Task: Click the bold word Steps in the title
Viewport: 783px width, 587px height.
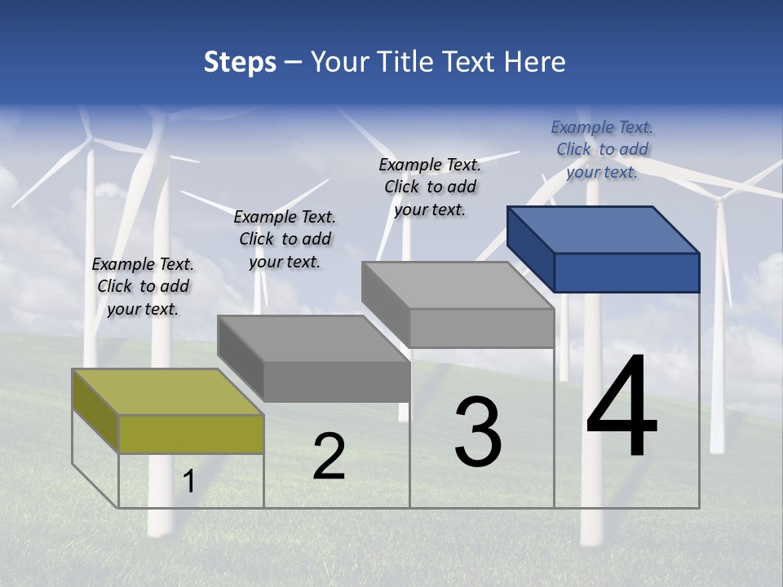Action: [x=240, y=62]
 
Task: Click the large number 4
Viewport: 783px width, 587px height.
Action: [x=622, y=408]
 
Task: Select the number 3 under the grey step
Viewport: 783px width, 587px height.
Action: [x=478, y=432]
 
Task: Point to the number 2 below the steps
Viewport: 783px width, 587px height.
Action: [x=329, y=457]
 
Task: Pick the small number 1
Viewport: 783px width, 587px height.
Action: [x=188, y=482]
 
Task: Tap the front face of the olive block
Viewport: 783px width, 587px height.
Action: [x=191, y=434]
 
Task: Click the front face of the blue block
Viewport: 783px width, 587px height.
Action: [x=626, y=272]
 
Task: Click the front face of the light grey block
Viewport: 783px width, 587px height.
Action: [x=481, y=328]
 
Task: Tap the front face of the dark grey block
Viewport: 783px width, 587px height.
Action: [x=336, y=382]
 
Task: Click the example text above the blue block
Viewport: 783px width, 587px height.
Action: [x=602, y=149]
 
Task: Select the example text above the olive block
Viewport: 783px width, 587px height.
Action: [x=143, y=286]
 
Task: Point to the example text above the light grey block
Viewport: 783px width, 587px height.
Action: [x=430, y=187]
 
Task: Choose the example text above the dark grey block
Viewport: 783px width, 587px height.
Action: [x=285, y=239]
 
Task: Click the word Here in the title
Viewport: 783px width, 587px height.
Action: [x=534, y=62]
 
